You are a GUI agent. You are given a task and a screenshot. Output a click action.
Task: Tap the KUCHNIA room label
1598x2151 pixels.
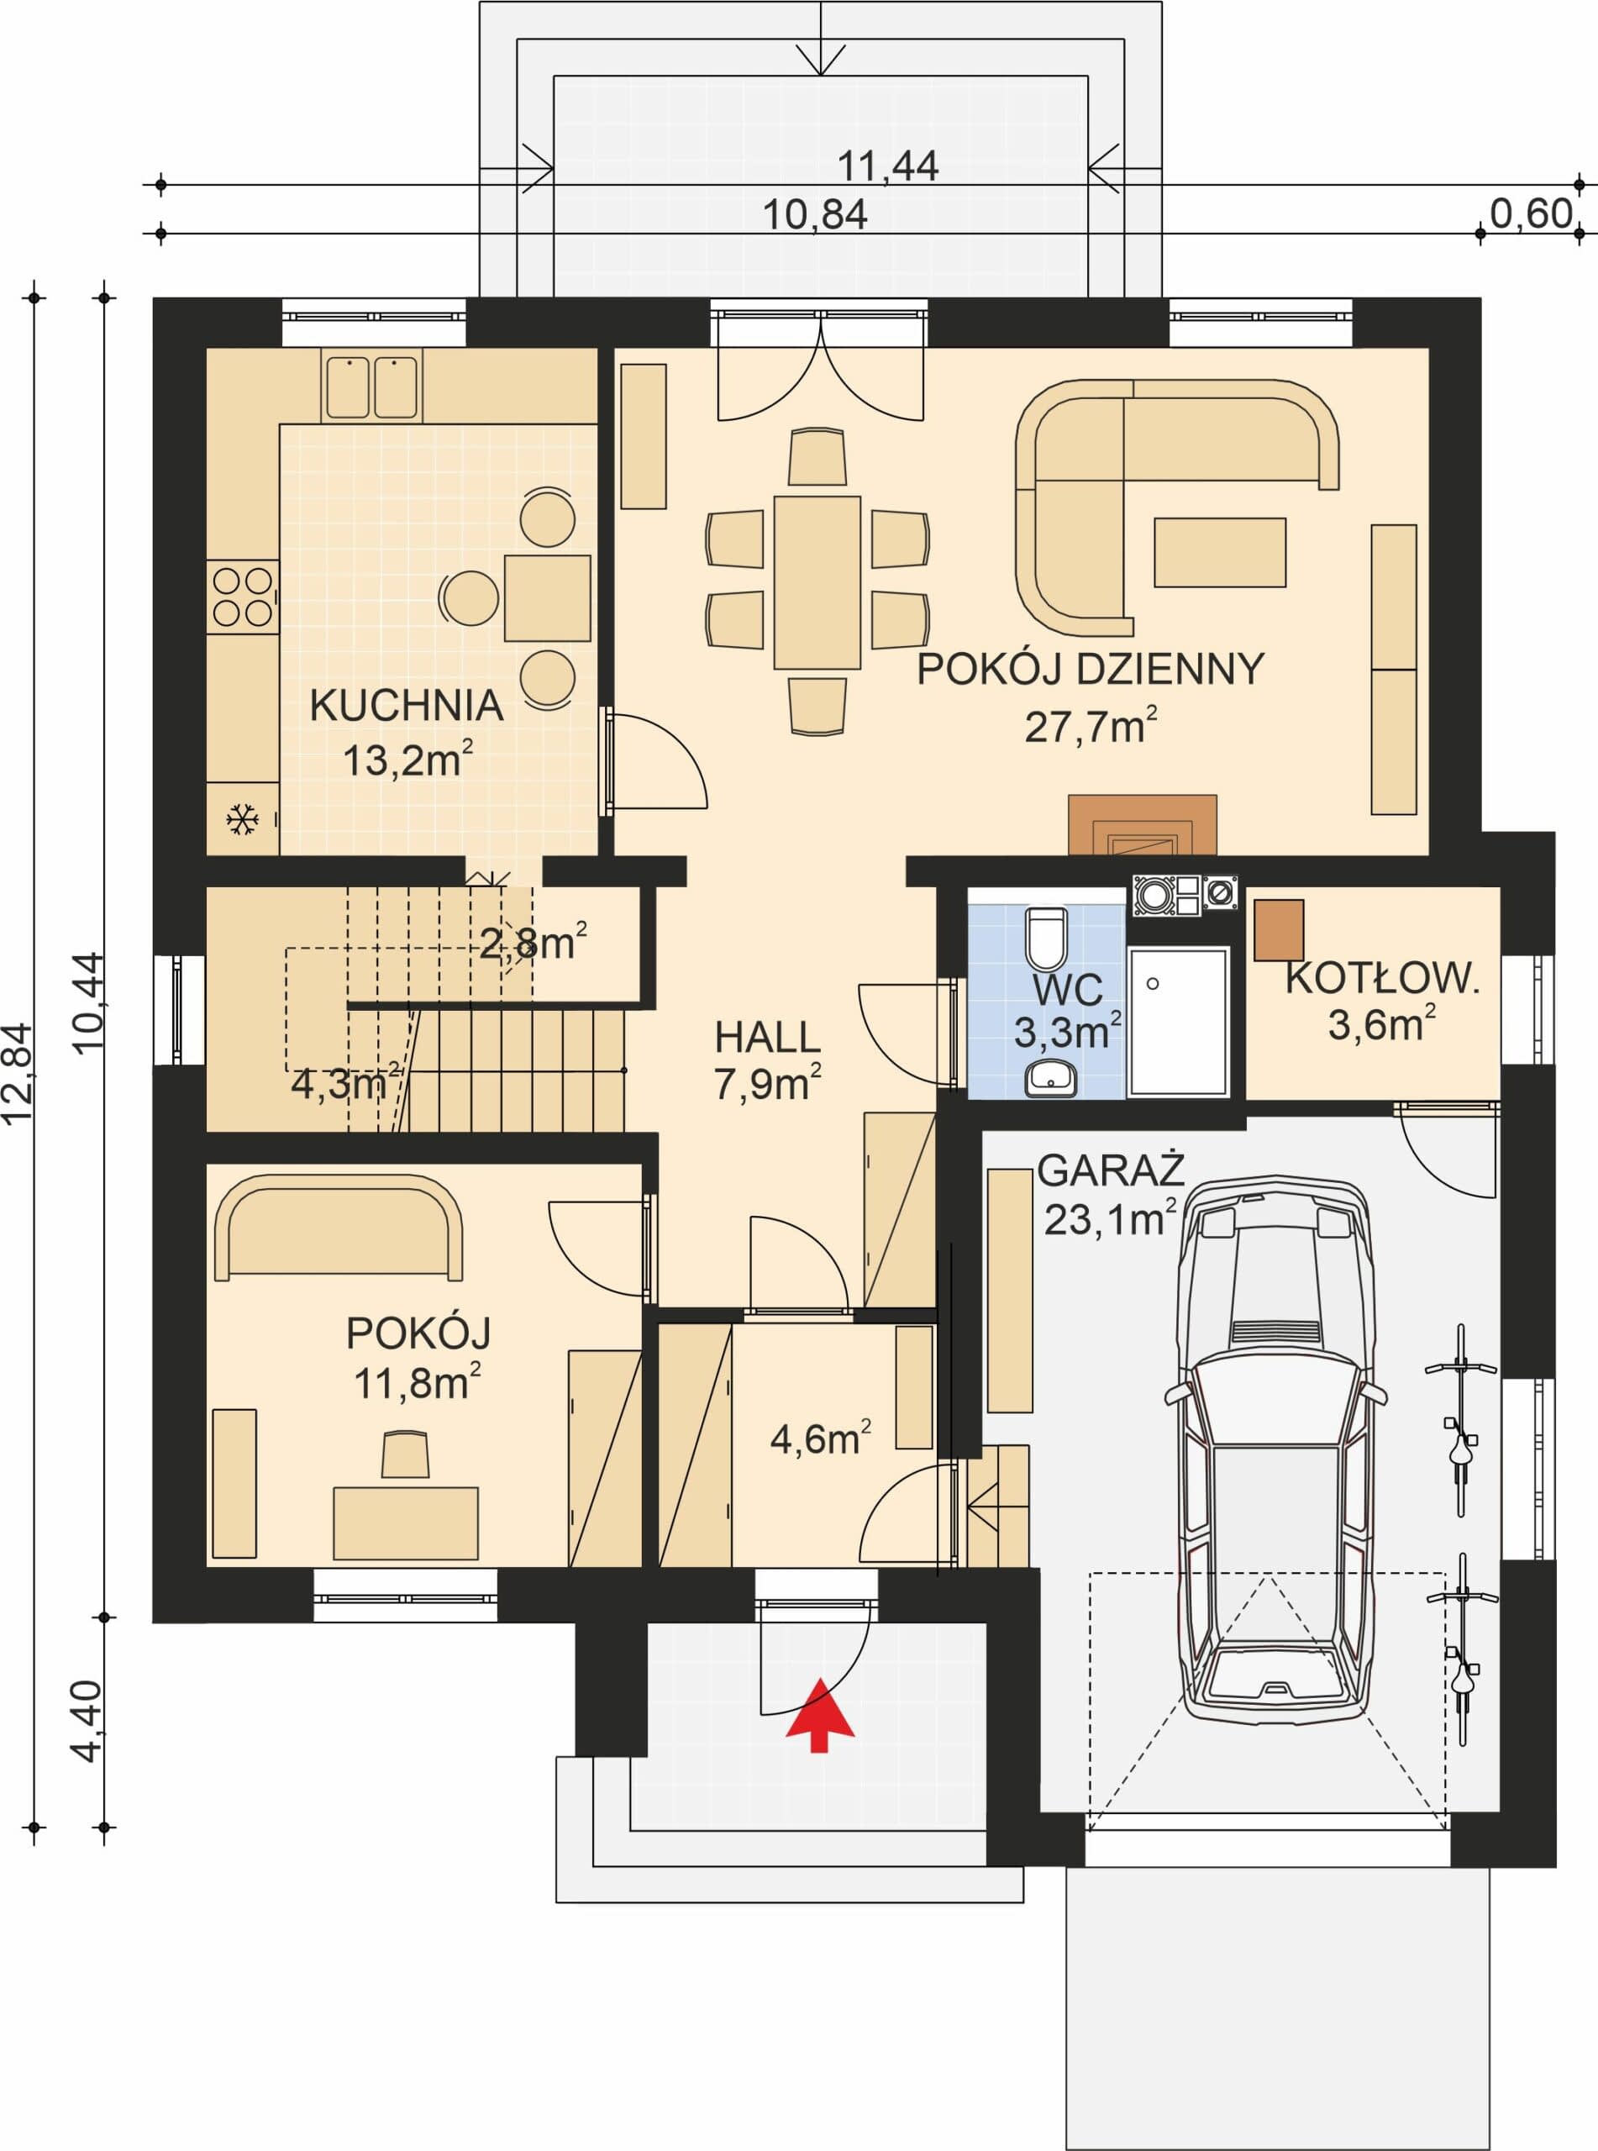coord(407,706)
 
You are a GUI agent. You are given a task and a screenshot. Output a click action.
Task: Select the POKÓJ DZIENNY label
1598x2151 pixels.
coord(1091,670)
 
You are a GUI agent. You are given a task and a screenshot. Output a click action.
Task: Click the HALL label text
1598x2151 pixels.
coord(767,1038)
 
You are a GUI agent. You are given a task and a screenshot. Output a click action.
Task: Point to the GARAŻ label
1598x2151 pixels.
coord(1111,1170)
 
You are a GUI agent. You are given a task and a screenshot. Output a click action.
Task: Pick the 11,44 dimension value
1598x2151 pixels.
coord(887,166)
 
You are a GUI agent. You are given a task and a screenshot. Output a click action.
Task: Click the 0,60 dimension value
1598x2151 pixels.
coord(1532,213)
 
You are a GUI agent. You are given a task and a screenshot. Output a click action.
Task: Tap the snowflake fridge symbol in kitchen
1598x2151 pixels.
coord(242,820)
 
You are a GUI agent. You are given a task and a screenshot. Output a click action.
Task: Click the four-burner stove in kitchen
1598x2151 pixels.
coord(243,597)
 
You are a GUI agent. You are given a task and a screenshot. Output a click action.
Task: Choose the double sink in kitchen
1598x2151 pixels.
coord(371,387)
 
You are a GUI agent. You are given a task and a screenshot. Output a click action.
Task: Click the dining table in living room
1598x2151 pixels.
coord(817,582)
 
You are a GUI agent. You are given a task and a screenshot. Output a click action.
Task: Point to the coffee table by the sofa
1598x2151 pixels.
coord(1220,552)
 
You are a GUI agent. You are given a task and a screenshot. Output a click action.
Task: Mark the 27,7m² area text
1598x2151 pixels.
coord(1091,726)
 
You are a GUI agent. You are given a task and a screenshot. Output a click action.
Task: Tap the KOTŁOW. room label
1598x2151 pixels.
coord(1382,979)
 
